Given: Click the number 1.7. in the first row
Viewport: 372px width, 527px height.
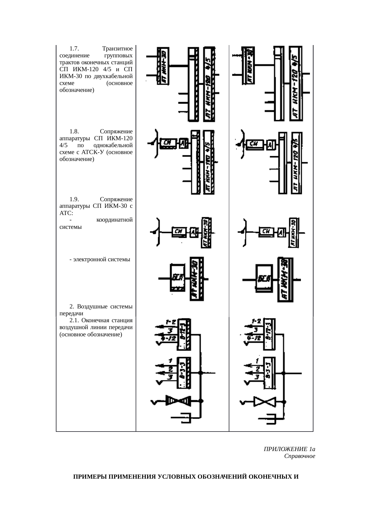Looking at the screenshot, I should coord(74,49).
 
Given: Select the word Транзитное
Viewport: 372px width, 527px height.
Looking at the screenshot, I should coord(117,49).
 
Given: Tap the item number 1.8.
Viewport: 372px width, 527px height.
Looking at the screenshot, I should coord(74,132).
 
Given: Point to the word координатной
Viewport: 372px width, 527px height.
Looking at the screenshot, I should coord(114,220).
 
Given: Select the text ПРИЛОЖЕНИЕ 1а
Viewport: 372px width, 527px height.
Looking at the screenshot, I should coord(289,449).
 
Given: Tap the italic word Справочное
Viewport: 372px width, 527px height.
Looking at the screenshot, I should coord(299,456).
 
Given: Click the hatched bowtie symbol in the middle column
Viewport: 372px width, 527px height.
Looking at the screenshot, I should coord(178,401).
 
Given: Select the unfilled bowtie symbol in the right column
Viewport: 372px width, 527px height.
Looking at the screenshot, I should coord(265,401).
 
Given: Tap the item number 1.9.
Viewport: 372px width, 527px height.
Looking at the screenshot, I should coord(74,199).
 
